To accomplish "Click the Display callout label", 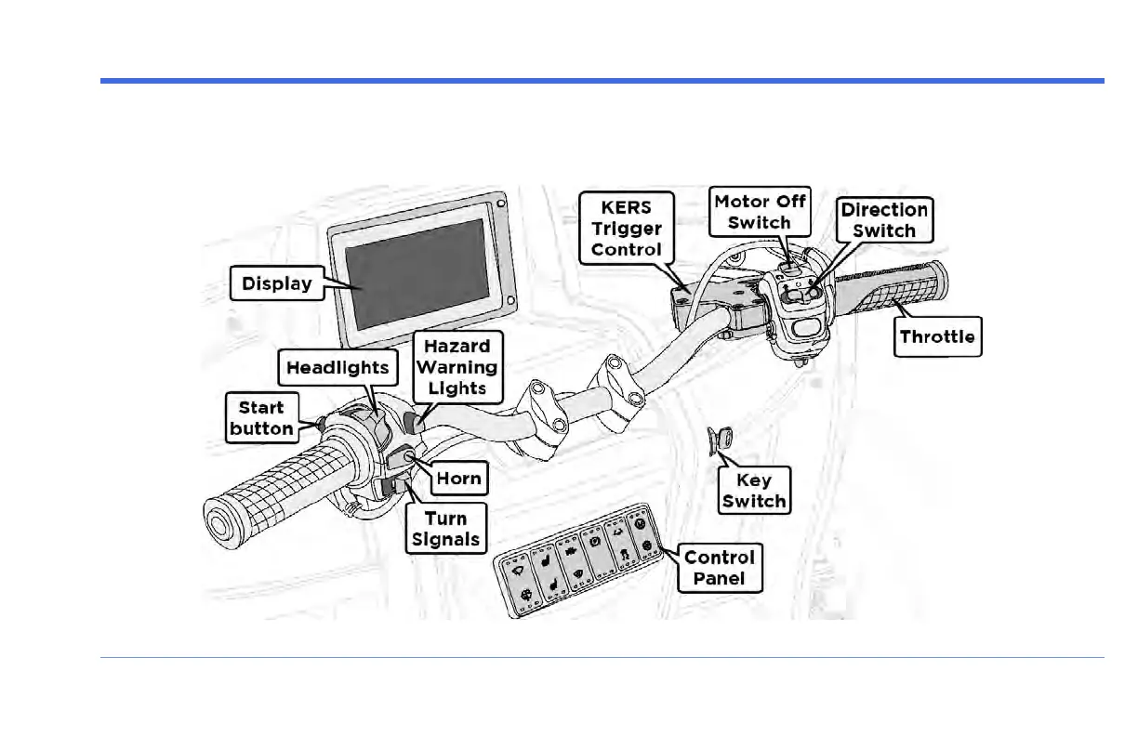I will point(276,283).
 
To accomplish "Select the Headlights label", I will point(336,367).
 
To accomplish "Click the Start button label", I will point(261,417).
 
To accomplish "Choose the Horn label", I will point(459,479).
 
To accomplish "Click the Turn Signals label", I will point(446,529).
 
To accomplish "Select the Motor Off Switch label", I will point(759,211).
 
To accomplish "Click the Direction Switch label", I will point(884,219).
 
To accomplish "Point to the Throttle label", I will point(937,336).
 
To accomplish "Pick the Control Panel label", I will point(720,568).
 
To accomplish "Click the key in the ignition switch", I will point(721,439).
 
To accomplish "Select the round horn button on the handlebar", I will point(406,457).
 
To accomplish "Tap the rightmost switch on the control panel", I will point(643,532).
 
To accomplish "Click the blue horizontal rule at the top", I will point(602,81).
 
